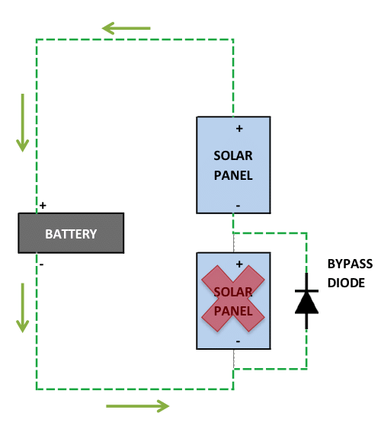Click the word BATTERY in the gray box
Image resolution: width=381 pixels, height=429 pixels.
tap(71, 234)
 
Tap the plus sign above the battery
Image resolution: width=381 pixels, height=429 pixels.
tap(43, 205)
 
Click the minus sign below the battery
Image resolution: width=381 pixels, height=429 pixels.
tap(42, 264)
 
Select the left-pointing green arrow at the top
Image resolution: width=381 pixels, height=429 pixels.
tap(126, 28)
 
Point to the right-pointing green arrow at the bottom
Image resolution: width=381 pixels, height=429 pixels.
tap(138, 406)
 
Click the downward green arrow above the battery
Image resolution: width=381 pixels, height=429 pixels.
tap(22, 123)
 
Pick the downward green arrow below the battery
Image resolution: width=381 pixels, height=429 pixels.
tap(22, 308)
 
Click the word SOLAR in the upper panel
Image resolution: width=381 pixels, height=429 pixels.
tap(233, 155)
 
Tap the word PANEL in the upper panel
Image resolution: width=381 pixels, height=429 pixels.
tap(233, 175)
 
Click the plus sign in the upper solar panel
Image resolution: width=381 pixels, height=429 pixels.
tap(239, 128)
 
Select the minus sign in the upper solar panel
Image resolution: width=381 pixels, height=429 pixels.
tap(238, 206)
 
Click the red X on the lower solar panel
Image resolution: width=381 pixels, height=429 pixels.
tap(233, 299)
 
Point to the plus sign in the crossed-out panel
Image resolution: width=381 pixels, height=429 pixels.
tap(239, 264)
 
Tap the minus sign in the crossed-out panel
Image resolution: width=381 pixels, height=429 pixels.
tap(238, 341)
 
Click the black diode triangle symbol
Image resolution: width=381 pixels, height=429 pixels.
tap(306, 302)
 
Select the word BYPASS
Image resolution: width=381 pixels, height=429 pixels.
tap(350, 264)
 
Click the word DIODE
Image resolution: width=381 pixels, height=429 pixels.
tap(346, 283)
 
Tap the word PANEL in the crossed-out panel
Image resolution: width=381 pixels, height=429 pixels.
tap(233, 311)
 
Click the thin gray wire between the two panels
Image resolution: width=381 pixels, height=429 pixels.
tap(234, 243)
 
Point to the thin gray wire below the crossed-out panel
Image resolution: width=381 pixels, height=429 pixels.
tap(234, 359)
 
